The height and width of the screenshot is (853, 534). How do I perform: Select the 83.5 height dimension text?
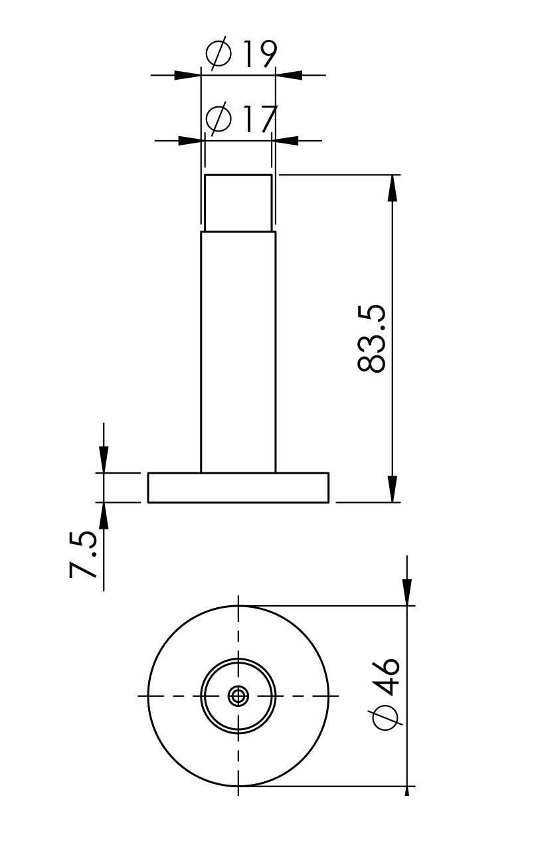372,339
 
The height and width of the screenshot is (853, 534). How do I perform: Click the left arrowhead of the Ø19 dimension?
188,75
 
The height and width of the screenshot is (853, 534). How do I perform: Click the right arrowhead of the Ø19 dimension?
289,75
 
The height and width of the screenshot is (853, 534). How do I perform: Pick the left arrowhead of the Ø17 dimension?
191,140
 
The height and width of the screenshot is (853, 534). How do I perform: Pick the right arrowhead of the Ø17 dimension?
285,140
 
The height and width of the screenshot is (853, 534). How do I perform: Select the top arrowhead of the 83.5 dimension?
393,189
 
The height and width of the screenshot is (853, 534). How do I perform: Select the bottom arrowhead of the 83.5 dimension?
393,489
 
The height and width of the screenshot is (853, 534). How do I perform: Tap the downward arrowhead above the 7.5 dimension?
104,459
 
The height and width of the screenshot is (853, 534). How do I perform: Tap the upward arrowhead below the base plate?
104,516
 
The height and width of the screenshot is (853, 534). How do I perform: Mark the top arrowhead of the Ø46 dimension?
407,592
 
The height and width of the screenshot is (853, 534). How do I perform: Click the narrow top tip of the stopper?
238,203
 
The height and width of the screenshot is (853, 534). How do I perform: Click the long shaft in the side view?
238,352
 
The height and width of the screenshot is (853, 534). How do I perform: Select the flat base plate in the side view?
238,488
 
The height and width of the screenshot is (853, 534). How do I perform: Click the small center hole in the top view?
238,696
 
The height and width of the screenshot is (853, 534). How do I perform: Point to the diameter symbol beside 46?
386,716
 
